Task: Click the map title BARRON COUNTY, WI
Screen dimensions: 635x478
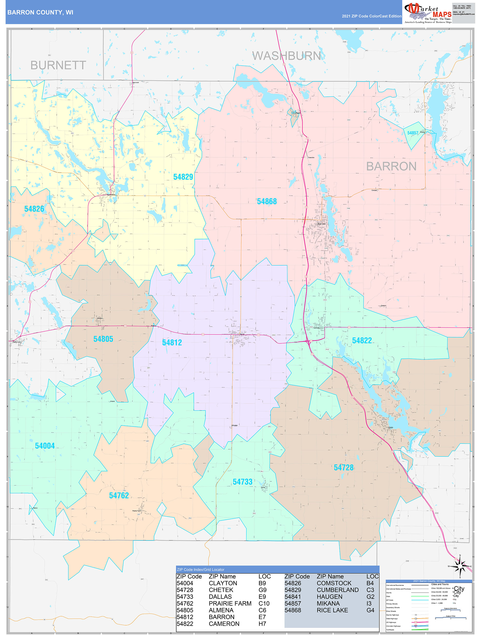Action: pyautogui.click(x=40, y=12)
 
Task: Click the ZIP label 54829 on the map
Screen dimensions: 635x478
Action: pyautogui.click(x=183, y=177)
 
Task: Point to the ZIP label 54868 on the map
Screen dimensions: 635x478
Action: pyautogui.click(x=266, y=201)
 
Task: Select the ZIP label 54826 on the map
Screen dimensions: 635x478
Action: pyautogui.click(x=34, y=209)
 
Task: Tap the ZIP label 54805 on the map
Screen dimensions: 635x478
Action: pyautogui.click(x=103, y=339)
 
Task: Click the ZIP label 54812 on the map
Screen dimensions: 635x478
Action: pyautogui.click(x=172, y=342)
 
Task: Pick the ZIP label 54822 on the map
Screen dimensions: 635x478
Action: pyautogui.click(x=362, y=340)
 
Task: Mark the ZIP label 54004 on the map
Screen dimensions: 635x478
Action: pyautogui.click(x=45, y=446)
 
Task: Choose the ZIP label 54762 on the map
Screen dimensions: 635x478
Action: pyautogui.click(x=119, y=496)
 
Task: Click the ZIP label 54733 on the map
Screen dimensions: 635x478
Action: pyautogui.click(x=243, y=482)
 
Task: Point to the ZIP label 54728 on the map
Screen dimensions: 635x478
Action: pyautogui.click(x=344, y=468)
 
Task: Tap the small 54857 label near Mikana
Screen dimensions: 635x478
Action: pyautogui.click(x=412, y=133)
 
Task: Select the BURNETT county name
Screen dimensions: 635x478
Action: pyautogui.click(x=58, y=65)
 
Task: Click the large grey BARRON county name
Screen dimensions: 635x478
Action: pyautogui.click(x=391, y=166)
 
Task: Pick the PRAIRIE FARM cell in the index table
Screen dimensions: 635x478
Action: pyautogui.click(x=230, y=603)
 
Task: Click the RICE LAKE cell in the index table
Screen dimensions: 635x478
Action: pyautogui.click(x=332, y=610)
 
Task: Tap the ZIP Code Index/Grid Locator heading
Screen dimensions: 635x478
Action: pyautogui.click(x=200, y=570)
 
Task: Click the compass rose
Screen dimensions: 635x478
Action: pyautogui.click(x=460, y=566)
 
